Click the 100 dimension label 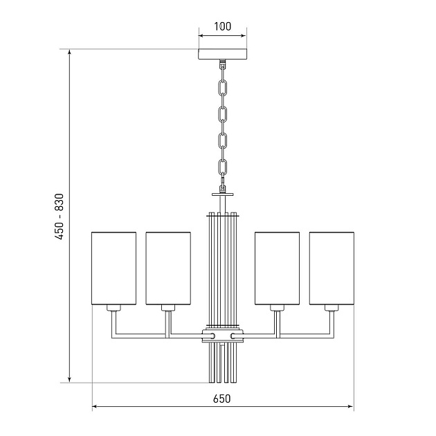coord(222,26)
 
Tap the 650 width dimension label coord(222,399)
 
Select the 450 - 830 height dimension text coord(60,217)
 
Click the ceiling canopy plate coord(222,54)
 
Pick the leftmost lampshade coord(113,269)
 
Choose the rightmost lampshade coord(331,269)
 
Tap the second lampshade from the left coord(168,269)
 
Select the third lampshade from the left coord(278,269)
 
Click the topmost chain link coord(222,87)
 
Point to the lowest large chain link coord(222,167)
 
